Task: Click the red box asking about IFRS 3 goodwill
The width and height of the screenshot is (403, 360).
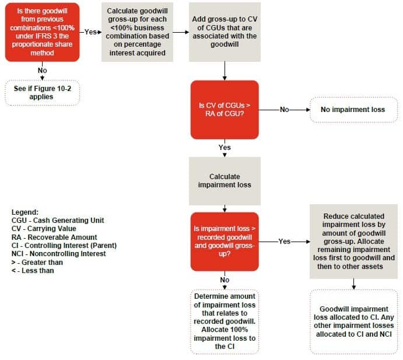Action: (42, 32)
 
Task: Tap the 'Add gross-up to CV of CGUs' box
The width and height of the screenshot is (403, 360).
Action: (225, 32)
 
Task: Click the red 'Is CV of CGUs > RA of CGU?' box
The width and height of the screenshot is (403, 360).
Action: (225, 109)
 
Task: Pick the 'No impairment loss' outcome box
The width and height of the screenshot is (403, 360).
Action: (353, 109)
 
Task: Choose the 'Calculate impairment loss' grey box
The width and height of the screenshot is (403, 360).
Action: (225, 180)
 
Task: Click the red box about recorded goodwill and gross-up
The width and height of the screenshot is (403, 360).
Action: (225, 241)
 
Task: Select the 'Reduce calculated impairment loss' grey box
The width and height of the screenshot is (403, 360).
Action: (353, 241)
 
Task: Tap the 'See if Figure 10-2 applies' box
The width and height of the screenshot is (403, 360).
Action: (42, 93)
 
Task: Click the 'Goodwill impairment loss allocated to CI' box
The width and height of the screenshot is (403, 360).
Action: (353, 321)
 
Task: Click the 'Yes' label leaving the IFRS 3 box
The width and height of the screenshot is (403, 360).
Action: (90, 32)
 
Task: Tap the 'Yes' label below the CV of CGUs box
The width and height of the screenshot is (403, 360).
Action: (225, 148)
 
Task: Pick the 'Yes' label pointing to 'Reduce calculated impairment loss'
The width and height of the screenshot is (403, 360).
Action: (284, 241)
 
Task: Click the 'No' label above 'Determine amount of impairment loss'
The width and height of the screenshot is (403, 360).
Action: (225, 280)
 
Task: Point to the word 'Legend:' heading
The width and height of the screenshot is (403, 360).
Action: (24, 212)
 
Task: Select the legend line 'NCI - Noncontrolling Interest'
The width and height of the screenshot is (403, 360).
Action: (57, 254)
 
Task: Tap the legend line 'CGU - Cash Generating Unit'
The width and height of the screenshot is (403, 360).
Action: (58, 220)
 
